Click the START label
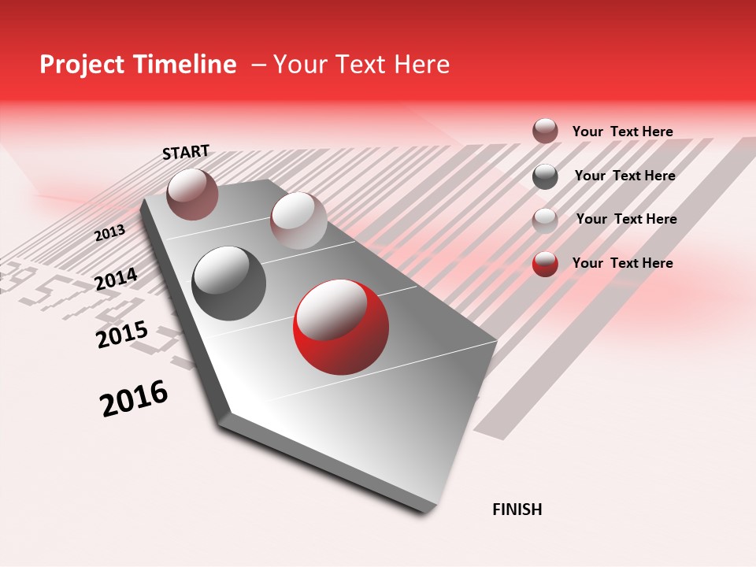pos(186,152)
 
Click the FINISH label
pos(517,510)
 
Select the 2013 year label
pos(109,233)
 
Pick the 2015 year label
pos(122,335)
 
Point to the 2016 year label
pos(134,398)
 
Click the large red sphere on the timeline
pos(341,327)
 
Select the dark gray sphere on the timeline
pos(229,283)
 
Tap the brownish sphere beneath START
pos(192,194)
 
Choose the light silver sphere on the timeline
pos(298,220)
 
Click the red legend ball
pos(545,264)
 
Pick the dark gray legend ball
pos(545,176)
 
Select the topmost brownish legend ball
pos(545,131)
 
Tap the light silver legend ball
pos(545,220)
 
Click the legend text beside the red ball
pos(622,263)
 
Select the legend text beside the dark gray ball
pos(624,176)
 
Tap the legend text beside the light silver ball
pos(626,219)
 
